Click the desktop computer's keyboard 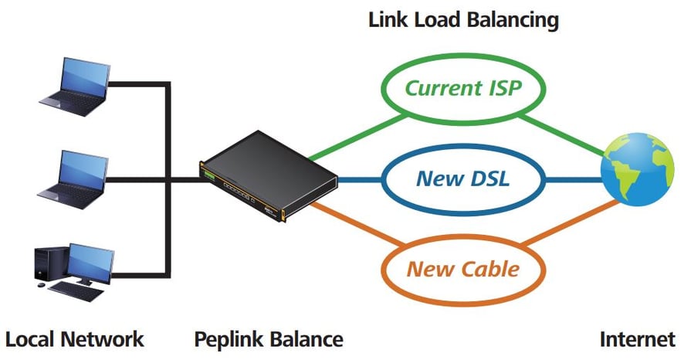coord(77,290)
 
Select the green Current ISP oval coord(464,88)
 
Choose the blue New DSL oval coord(464,178)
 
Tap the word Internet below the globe coord(638,338)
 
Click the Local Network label coord(75,338)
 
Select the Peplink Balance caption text coord(269,338)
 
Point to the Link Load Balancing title coord(463,19)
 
